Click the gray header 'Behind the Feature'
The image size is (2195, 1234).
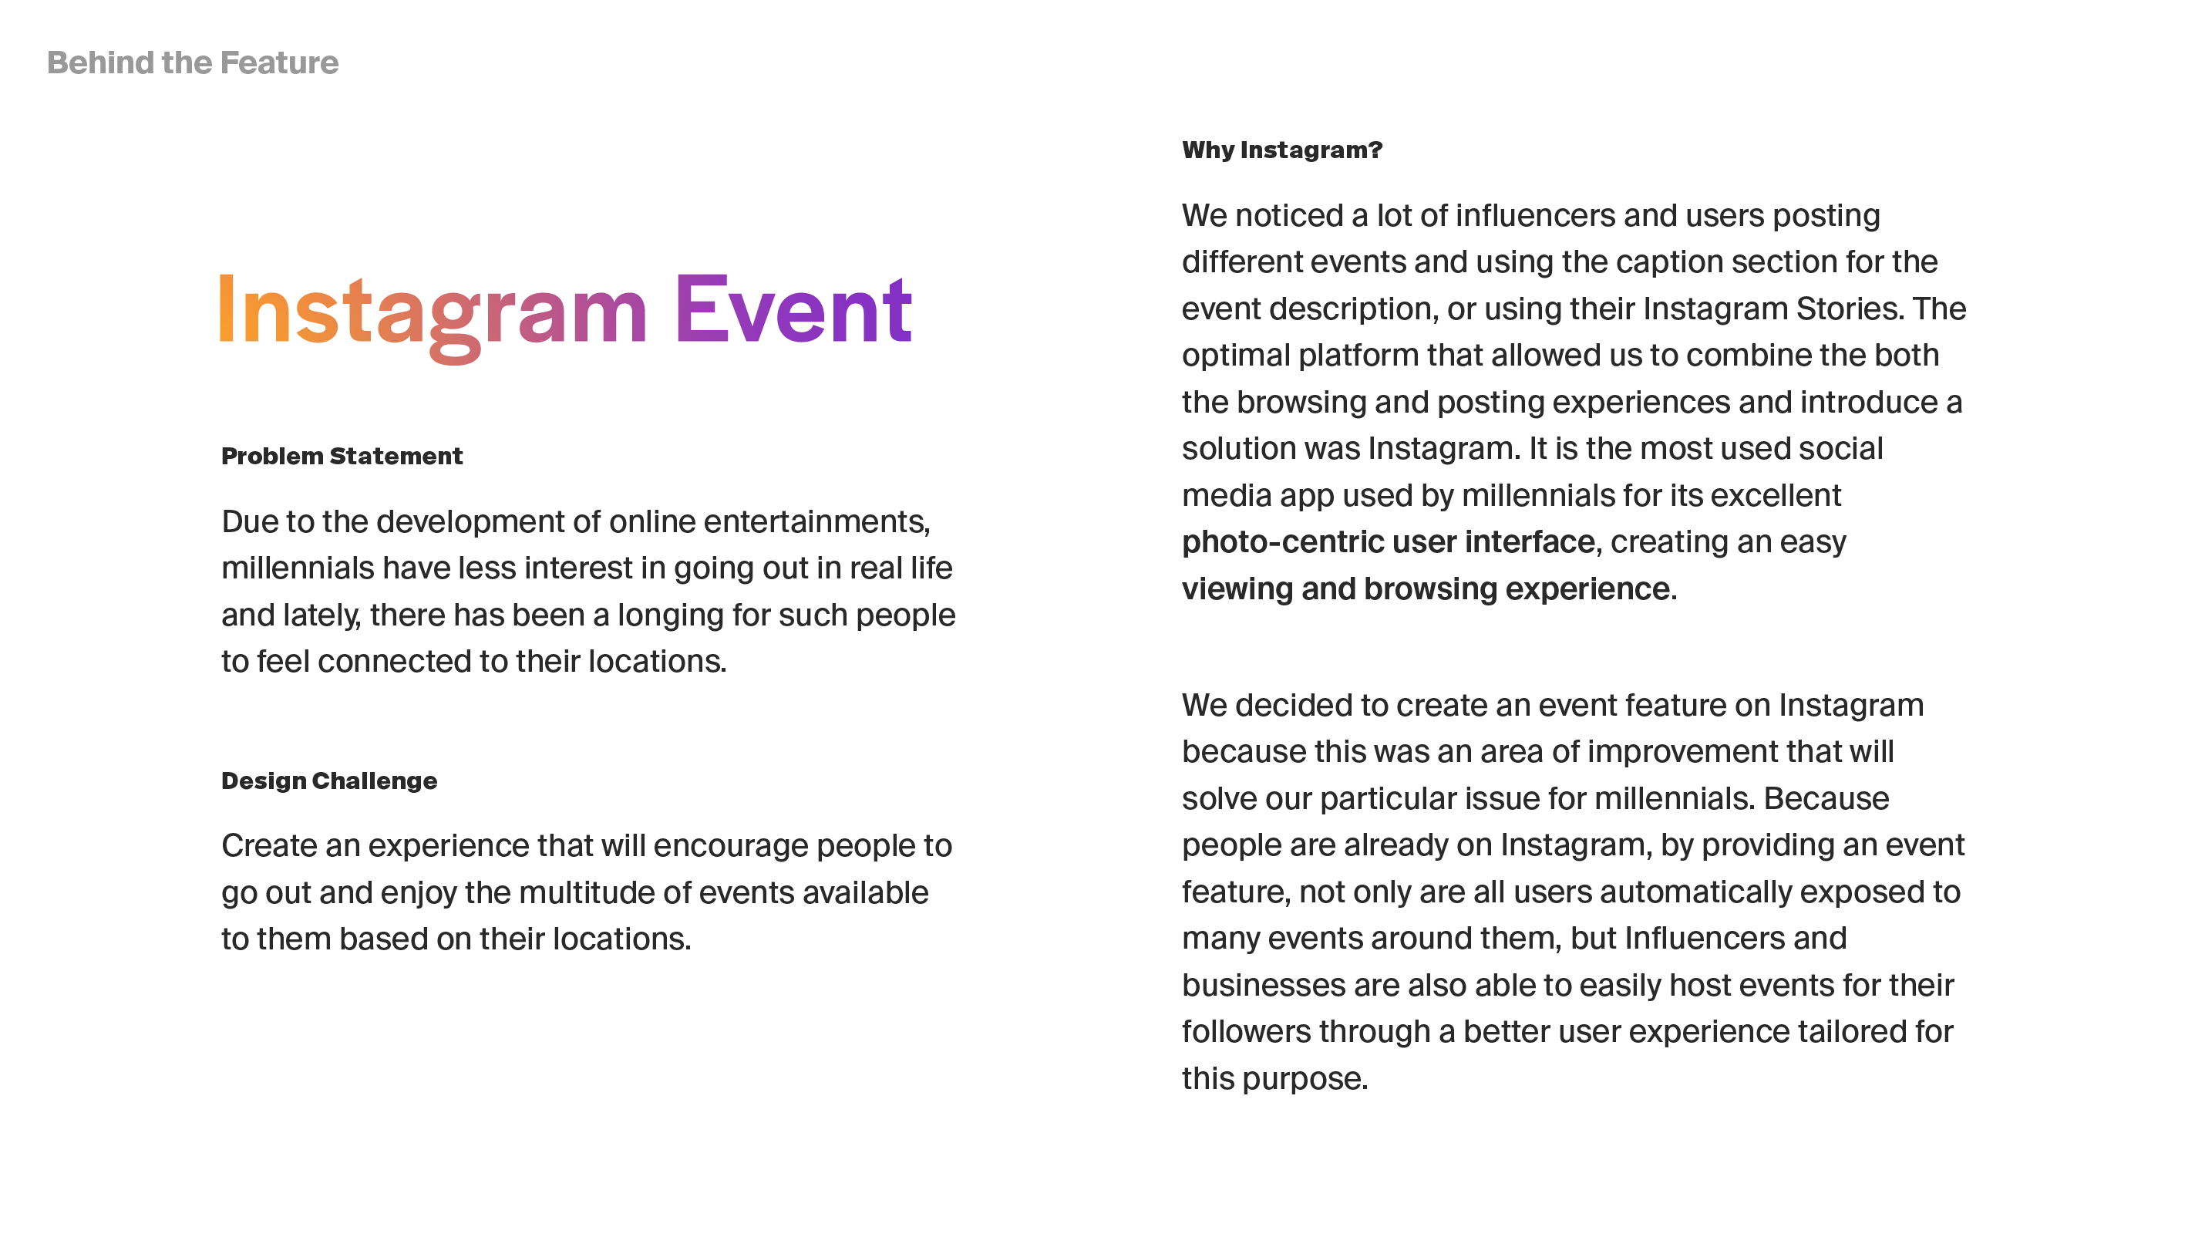point(193,62)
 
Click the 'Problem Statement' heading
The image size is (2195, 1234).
point(342,456)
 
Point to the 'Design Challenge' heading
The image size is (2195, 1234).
point(329,781)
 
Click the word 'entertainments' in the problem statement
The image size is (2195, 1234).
point(816,521)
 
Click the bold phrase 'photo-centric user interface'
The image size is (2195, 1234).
point(1388,542)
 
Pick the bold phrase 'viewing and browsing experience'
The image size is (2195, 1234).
point(1426,589)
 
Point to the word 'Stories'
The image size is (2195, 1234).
point(1849,308)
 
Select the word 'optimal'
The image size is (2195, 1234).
point(1236,356)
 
